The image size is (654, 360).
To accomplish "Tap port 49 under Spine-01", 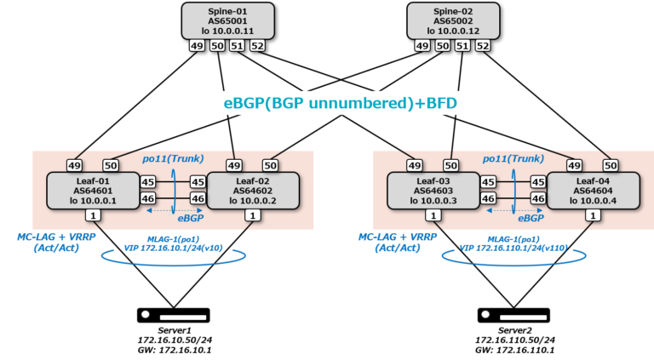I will tap(195, 46).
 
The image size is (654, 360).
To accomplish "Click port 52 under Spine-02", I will tap(483, 46).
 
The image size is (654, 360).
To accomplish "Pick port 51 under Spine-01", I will tap(237, 46).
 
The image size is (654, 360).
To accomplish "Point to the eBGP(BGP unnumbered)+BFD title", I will tap(339, 104).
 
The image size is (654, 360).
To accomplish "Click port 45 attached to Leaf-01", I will tap(147, 181).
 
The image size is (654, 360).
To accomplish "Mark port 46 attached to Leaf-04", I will tap(537, 198).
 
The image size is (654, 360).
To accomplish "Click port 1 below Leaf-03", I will tap(433, 215).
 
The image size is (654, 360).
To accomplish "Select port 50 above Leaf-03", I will tap(451, 164).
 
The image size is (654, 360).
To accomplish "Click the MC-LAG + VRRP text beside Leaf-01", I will tap(53, 236).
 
